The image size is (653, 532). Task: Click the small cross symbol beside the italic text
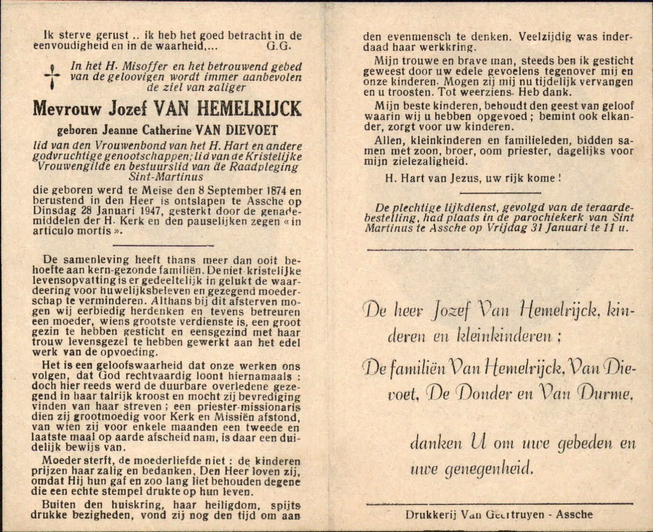coord(52,77)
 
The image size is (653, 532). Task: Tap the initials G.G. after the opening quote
coord(279,47)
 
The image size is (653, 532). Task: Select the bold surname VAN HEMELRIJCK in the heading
coord(228,109)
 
